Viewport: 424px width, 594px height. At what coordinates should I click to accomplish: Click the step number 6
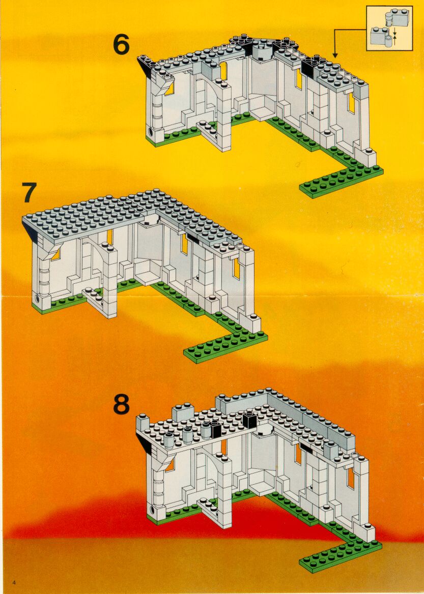tap(121, 45)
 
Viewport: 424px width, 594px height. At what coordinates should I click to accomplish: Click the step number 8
tap(121, 405)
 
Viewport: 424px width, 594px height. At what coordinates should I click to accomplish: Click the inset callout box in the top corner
tap(389, 28)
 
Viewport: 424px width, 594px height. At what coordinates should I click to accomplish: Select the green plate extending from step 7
tap(225, 347)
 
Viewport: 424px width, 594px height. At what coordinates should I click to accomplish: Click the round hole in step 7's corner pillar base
tap(37, 298)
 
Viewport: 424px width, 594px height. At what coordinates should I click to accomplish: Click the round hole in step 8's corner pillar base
tap(153, 508)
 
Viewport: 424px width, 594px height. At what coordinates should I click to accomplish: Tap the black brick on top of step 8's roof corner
tap(249, 420)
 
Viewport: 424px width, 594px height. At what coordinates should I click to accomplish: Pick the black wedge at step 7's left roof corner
tap(31, 231)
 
